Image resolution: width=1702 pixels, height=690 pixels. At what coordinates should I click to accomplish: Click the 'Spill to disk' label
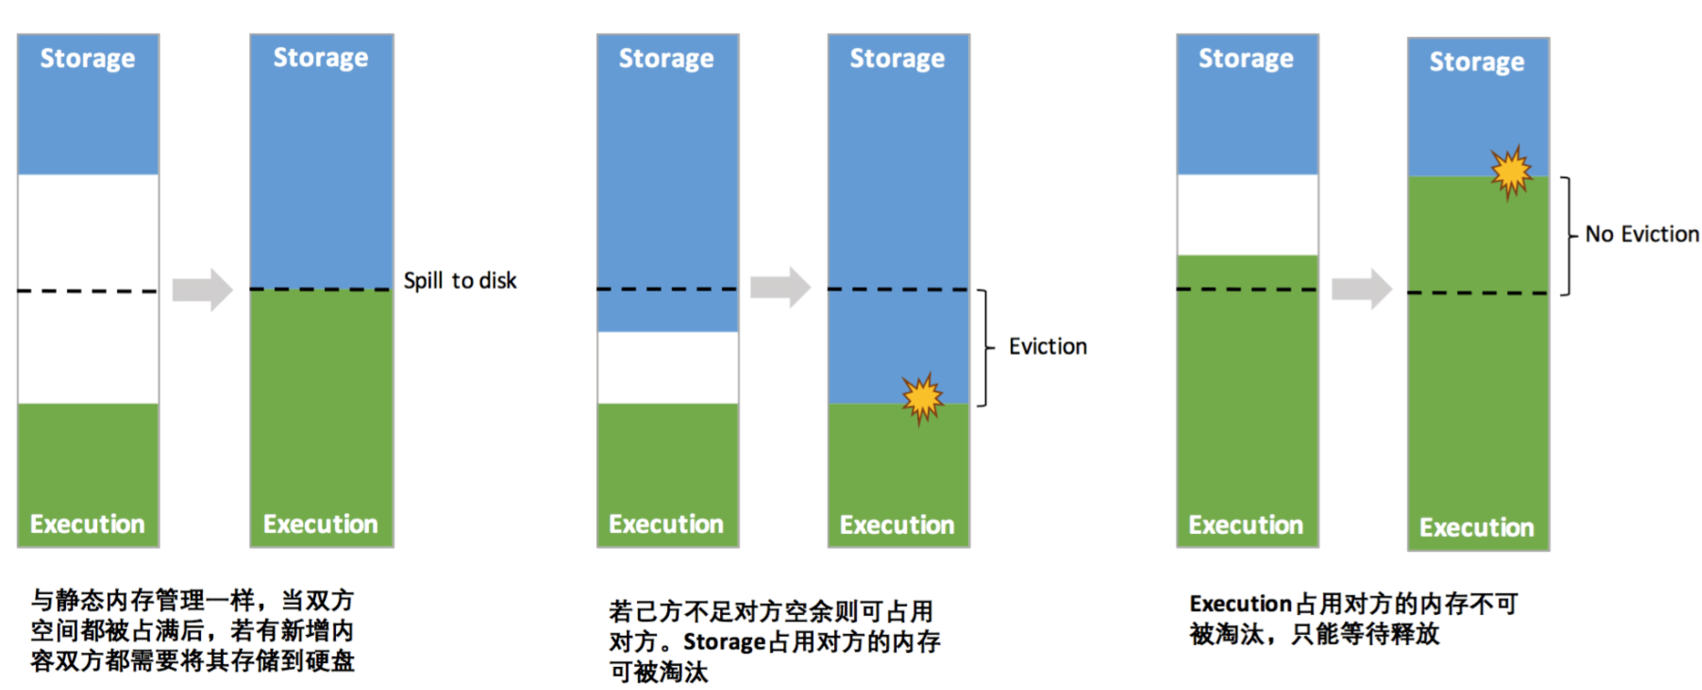click(460, 281)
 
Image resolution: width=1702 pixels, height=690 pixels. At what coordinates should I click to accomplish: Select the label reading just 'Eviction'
click(1047, 347)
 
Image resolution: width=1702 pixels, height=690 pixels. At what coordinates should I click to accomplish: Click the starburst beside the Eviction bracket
click(922, 398)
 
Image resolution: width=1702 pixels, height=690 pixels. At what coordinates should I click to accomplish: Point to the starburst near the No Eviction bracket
click(1511, 172)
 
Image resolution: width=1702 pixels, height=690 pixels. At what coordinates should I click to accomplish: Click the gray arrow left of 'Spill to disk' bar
click(202, 289)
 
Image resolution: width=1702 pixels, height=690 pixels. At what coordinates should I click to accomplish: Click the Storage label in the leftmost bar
click(88, 59)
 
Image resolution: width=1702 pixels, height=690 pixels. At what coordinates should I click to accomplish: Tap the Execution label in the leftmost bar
click(88, 524)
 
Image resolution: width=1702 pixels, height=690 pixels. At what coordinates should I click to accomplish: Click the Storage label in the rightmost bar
click(1477, 62)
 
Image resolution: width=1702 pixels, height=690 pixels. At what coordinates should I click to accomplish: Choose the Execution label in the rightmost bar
click(1477, 528)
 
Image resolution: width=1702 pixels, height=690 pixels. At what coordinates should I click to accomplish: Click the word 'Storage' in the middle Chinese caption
click(724, 642)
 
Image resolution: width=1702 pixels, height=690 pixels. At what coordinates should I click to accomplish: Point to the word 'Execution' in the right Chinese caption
click(1240, 604)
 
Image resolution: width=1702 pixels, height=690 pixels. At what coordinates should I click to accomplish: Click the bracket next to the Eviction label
click(984, 347)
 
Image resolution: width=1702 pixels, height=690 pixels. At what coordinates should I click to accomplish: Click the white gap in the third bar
click(667, 367)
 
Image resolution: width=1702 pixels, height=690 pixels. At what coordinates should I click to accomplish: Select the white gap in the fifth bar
click(1247, 215)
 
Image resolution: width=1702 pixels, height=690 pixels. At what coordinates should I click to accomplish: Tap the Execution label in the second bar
click(320, 524)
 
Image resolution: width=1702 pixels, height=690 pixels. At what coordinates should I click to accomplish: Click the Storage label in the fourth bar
click(897, 59)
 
